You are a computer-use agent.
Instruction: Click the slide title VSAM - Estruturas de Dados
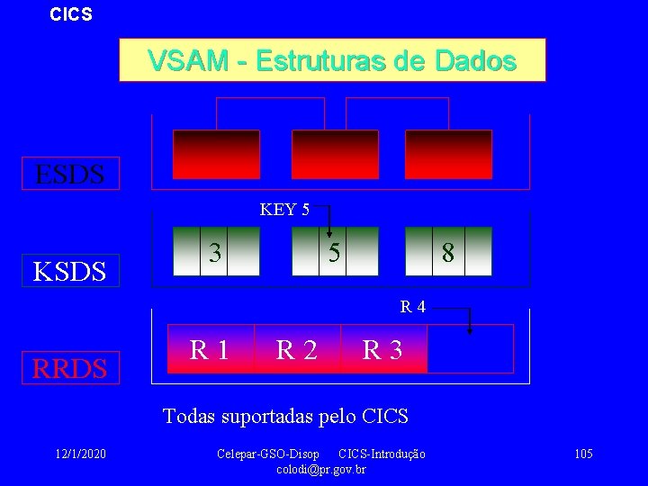(x=332, y=60)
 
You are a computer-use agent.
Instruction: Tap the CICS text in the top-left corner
(x=70, y=15)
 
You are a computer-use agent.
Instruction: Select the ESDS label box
(x=70, y=173)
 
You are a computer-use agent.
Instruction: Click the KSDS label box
(x=70, y=269)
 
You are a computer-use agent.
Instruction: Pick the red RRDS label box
(x=70, y=367)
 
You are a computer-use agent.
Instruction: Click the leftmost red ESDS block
(x=216, y=154)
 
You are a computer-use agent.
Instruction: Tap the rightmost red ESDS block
(x=448, y=154)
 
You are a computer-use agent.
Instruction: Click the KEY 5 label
(x=284, y=211)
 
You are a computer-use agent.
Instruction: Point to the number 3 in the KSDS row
(x=215, y=253)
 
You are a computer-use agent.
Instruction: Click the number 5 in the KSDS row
(x=333, y=254)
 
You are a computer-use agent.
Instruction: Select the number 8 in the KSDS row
(x=447, y=254)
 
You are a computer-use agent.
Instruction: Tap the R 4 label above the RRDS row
(x=413, y=307)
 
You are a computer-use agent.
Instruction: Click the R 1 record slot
(x=209, y=348)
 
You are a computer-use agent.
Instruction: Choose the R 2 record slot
(x=296, y=349)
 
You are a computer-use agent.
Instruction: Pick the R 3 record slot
(x=382, y=349)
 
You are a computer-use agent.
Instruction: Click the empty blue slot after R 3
(x=469, y=349)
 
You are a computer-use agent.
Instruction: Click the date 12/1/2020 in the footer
(x=80, y=454)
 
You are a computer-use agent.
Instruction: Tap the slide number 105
(x=582, y=454)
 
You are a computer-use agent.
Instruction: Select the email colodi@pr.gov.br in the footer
(x=321, y=469)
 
